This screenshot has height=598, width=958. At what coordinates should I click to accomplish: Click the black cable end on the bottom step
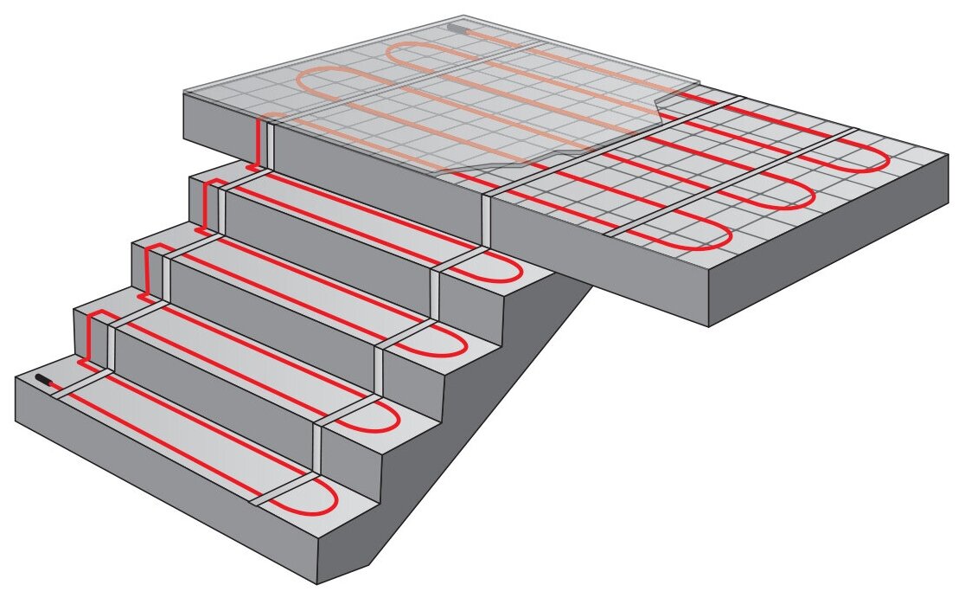point(43,379)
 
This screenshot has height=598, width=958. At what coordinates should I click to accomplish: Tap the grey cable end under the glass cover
point(456,28)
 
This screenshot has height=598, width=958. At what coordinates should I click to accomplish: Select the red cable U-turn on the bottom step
point(334,497)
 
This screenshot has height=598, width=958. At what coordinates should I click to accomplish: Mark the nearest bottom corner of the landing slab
point(709,325)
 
